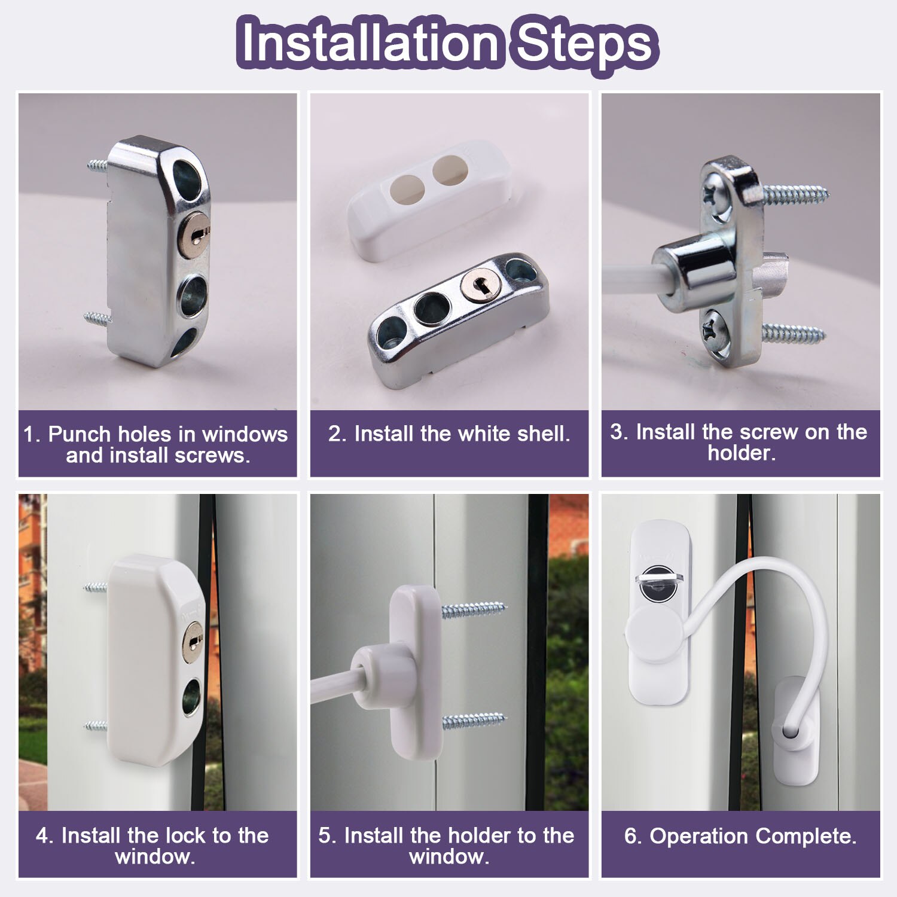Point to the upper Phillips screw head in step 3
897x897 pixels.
point(715,196)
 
